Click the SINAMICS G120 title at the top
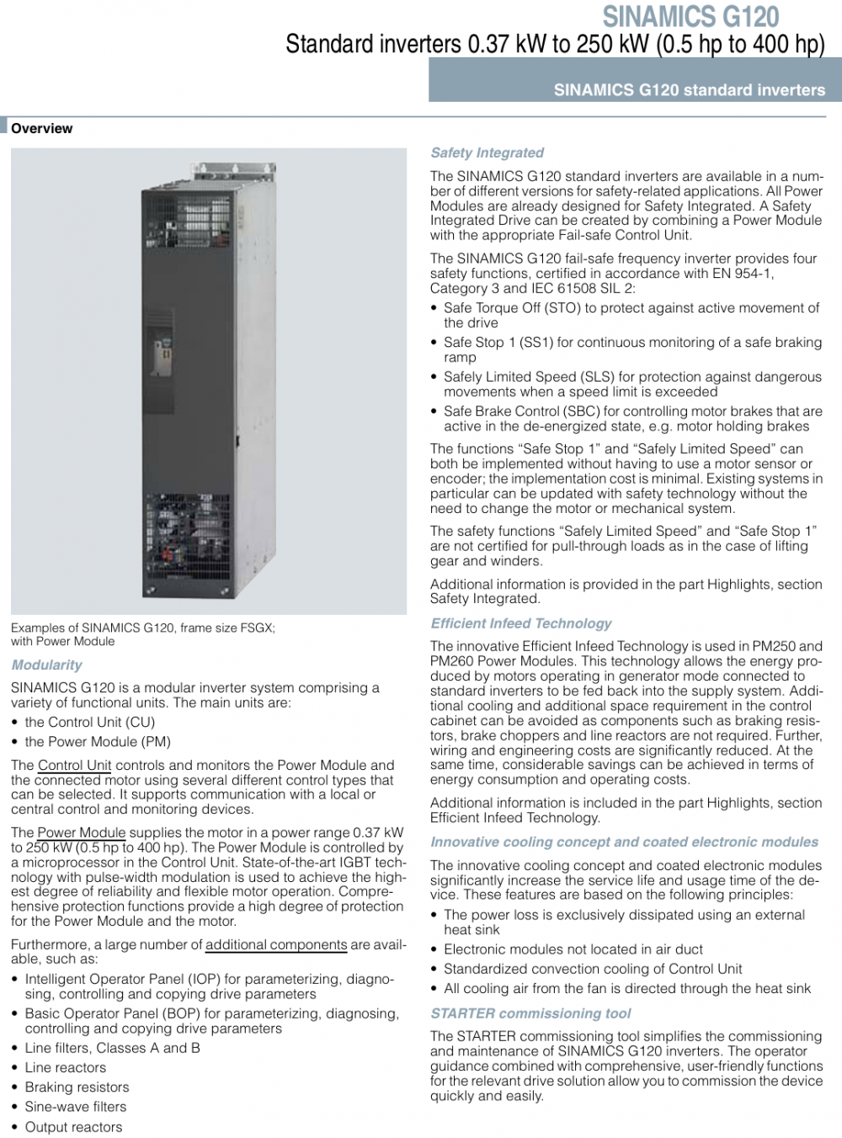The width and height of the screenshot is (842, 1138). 690,16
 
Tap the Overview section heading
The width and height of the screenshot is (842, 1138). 41,129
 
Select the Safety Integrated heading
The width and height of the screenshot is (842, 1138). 487,152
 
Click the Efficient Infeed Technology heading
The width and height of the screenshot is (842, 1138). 520,623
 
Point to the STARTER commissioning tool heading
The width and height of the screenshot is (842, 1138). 530,1013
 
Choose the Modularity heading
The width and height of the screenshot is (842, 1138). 46,665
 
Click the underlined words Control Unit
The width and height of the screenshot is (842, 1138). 74,765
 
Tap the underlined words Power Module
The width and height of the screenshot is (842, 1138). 81,832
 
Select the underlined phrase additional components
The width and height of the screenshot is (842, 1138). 276,944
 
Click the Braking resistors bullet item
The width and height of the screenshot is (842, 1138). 77,1087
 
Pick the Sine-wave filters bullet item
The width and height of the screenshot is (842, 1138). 75,1107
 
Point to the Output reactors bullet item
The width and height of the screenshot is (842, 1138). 73,1127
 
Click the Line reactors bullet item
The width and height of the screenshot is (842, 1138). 65,1067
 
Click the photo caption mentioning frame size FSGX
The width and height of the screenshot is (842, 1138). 142,634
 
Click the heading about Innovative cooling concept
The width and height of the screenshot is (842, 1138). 624,841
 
